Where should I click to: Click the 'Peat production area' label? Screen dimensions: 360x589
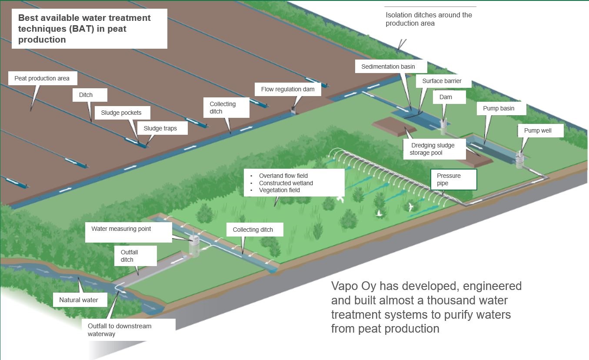tap(42, 78)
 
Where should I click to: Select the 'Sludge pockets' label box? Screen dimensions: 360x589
tap(121, 113)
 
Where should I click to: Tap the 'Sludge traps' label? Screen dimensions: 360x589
tap(160, 128)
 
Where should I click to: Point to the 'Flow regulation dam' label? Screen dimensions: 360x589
tap(287, 89)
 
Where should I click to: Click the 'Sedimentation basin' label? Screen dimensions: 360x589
tap(388, 67)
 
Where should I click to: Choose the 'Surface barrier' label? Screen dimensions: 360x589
tap(442, 81)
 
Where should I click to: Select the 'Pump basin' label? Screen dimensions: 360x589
tap(499, 108)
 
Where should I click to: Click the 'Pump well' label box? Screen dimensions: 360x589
tap(538, 130)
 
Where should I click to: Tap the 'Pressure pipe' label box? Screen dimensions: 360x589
tap(453, 180)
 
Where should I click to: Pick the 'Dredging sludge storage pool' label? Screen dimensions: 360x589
tap(433, 149)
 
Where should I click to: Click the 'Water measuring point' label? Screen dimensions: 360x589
tap(121, 229)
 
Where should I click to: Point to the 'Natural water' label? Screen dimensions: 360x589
tap(79, 300)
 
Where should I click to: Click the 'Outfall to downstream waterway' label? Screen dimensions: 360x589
tap(120, 330)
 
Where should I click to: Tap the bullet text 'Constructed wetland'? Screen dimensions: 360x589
tap(286, 183)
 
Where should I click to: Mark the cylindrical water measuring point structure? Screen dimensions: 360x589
tap(193, 244)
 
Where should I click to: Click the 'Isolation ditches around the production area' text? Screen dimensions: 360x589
tap(429, 19)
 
